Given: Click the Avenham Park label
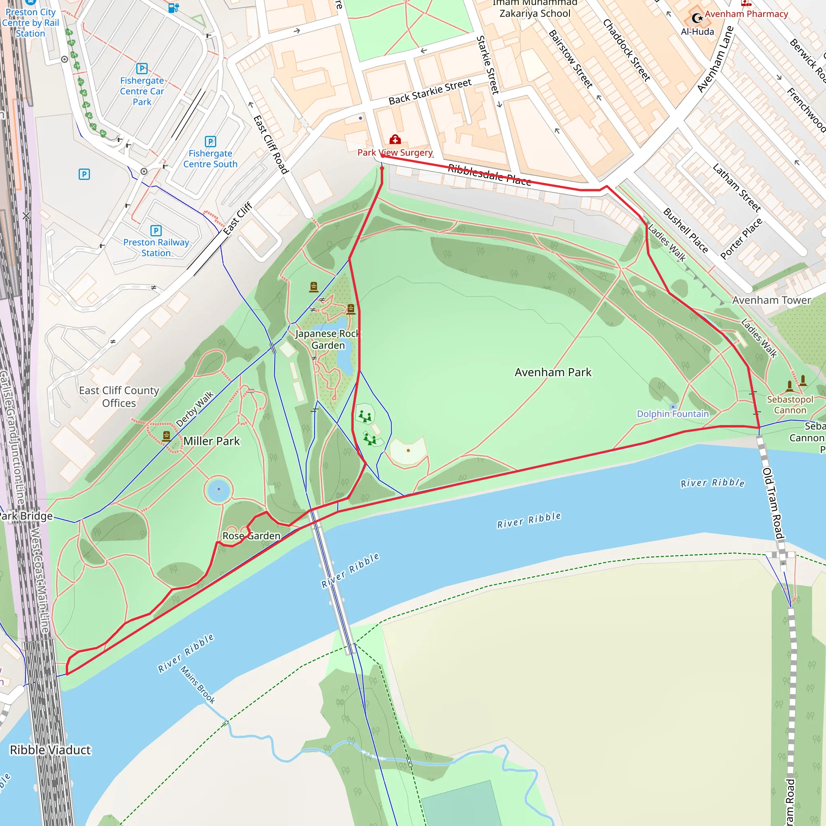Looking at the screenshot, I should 553,372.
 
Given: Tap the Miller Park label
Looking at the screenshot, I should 211,441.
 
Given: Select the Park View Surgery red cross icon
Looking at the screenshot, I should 395,140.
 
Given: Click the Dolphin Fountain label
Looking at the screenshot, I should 672,414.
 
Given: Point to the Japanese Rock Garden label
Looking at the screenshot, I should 328,340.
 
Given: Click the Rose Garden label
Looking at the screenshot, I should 251,536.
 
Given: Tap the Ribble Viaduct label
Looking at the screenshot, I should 50,750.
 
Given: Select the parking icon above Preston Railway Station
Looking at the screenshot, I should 156,231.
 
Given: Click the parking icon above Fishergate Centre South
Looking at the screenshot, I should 211,142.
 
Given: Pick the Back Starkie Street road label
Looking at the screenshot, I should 430,92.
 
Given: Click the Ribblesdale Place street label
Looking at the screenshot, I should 489,175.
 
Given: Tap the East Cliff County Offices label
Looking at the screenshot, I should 119,397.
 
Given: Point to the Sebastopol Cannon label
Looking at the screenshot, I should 790,405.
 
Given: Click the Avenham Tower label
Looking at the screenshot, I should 771,300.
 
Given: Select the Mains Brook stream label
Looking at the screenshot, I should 198,685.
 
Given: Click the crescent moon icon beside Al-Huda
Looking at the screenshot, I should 697,18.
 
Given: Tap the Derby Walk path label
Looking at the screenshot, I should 194,409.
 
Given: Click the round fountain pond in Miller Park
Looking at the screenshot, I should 219,490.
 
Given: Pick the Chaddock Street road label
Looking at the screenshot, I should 626,50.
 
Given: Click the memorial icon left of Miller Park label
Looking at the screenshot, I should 166,436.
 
